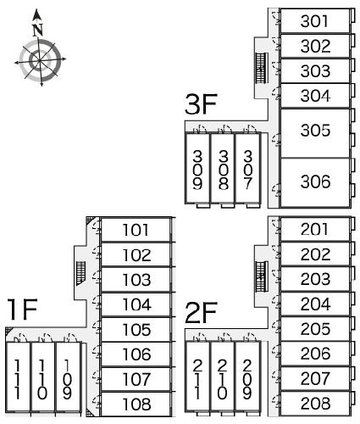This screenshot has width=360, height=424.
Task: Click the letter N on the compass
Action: (x=37, y=31)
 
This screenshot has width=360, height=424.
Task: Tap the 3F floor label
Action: (x=201, y=104)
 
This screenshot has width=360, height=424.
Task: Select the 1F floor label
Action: (x=23, y=310)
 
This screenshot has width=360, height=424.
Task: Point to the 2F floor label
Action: (x=201, y=313)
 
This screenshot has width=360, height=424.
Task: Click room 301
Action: (x=315, y=20)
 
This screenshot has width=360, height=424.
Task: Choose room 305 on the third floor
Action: (x=315, y=133)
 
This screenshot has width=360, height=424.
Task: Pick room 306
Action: (x=315, y=182)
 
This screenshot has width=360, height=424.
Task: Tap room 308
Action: (x=223, y=169)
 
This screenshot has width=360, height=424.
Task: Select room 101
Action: (x=136, y=230)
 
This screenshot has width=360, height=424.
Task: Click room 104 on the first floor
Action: (x=136, y=304)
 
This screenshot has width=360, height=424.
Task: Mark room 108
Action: (x=136, y=404)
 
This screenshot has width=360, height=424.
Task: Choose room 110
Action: (x=42, y=377)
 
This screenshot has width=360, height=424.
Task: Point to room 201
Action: (x=315, y=229)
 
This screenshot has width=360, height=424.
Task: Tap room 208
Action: (x=315, y=404)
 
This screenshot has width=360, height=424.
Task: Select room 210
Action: (x=223, y=377)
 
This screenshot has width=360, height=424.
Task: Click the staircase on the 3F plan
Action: (x=261, y=68)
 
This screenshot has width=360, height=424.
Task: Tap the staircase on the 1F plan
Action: (x=80, y=273)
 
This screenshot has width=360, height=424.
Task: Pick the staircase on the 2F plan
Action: (x=261, y=276)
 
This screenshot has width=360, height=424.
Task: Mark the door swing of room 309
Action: (x=200, y=129)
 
